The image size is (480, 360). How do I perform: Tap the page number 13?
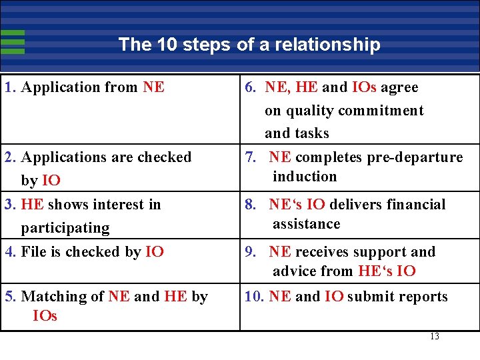pos(435,336)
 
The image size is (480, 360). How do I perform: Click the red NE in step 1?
pos(153,87)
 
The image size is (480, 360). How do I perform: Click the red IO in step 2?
pos(51,180)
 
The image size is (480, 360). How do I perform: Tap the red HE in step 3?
pos(33,204)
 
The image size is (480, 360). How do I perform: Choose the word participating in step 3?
pos(65,228)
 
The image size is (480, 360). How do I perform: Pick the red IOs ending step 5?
pos(45,315)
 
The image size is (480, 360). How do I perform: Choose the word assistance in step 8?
pos(306,224)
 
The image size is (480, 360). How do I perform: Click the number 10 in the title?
pos(167,45)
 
